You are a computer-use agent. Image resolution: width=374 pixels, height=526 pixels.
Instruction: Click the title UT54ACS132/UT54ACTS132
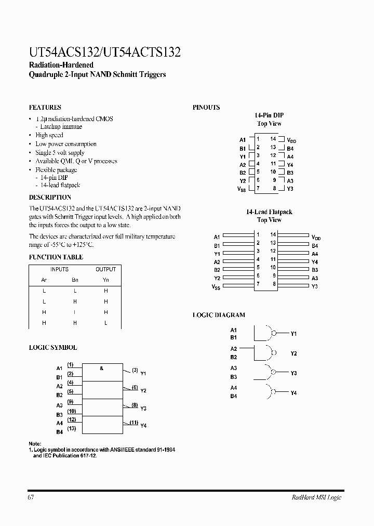[x=104, y=52]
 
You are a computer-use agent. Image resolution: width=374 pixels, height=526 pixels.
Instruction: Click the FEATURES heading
[x=45, y=108]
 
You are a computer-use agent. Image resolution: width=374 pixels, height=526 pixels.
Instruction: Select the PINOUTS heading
[x=206, y=108]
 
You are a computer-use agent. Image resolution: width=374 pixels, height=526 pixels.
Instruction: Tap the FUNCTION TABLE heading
[x=56, y=257]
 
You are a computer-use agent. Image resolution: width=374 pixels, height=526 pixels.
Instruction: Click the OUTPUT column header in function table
[x=105, y=269]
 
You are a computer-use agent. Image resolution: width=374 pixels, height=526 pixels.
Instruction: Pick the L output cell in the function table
[x=105, y=323]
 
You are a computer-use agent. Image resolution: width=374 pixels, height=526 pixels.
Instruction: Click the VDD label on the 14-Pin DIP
[x=291, y=140]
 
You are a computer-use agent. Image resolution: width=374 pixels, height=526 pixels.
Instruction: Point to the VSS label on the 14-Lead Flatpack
[x=216, y=287]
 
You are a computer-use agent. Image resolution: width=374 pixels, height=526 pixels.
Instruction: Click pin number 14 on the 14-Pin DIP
[x=273, y=139]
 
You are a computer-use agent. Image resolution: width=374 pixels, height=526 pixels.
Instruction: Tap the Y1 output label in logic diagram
[x=293, y=334]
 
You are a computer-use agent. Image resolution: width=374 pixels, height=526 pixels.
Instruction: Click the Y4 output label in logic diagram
[x=293, y=393]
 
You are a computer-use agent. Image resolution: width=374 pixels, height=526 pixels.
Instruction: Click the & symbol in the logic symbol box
[x=102, y=368]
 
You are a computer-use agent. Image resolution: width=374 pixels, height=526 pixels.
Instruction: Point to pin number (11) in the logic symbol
[x=133, y=423]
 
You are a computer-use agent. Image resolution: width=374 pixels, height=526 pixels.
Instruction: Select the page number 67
[x=31, y=497]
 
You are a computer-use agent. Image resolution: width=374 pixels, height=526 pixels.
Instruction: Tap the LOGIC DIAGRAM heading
[x=219, y=315]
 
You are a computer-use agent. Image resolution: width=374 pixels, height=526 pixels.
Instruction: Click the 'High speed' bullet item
[x=49, y=135]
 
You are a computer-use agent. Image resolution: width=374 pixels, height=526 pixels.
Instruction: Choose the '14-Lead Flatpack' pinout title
[x=269, y=212]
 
